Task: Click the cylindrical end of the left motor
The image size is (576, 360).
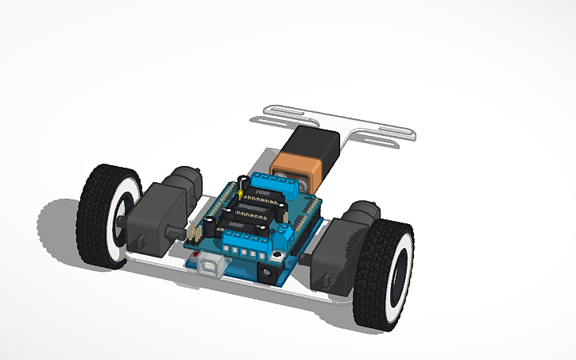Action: [188, 177]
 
